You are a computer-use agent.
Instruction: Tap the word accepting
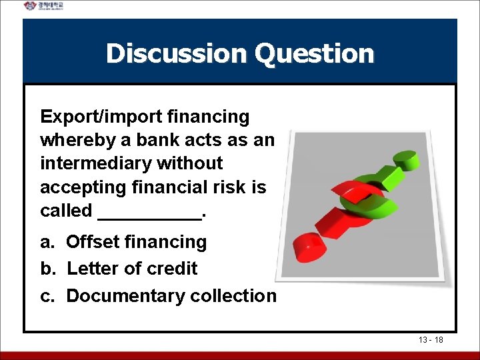87,187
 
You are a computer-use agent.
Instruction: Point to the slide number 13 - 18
431,340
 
